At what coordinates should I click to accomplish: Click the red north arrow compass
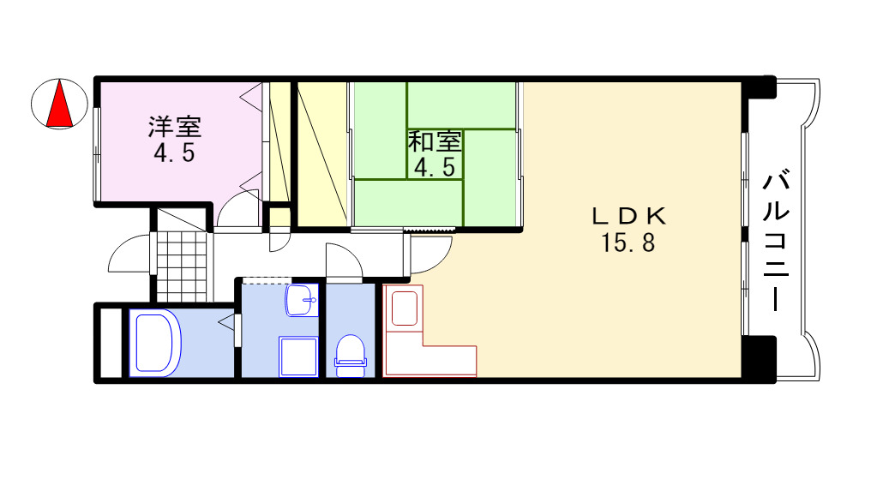(59, 104)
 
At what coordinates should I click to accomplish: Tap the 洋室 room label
(175, 128)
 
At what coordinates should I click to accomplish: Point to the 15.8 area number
(628, 244)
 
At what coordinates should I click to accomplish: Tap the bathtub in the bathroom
(154, 343)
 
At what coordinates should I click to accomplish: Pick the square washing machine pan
(298, 356)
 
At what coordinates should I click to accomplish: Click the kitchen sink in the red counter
(404, 308)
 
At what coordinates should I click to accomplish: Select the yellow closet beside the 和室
(321, 154)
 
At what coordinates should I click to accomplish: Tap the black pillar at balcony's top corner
(759, 88)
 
